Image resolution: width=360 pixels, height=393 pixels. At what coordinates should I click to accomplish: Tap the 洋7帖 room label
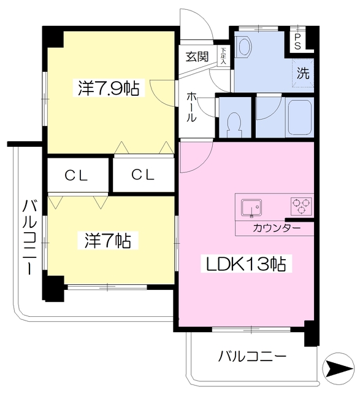click(x=108, y=239)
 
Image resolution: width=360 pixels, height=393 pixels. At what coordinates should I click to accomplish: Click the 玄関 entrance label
click(x=197, y=57)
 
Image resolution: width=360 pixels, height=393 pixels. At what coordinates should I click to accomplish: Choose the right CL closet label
click(x=144, y=175)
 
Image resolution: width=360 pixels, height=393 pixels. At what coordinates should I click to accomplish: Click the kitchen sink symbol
click(x=251, y=208)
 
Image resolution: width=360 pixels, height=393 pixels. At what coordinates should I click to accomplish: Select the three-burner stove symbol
click(x=301, y=206)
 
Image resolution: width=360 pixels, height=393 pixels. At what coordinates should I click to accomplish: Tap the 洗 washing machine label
click(x=304, y=72)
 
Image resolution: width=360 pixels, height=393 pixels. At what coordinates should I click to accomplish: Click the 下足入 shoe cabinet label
click(x=224, y=57)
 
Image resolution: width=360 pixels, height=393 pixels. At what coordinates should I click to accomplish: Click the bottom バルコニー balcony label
click(x=252, y=356)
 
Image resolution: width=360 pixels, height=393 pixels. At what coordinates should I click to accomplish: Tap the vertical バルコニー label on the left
click(x=28, y=236)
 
